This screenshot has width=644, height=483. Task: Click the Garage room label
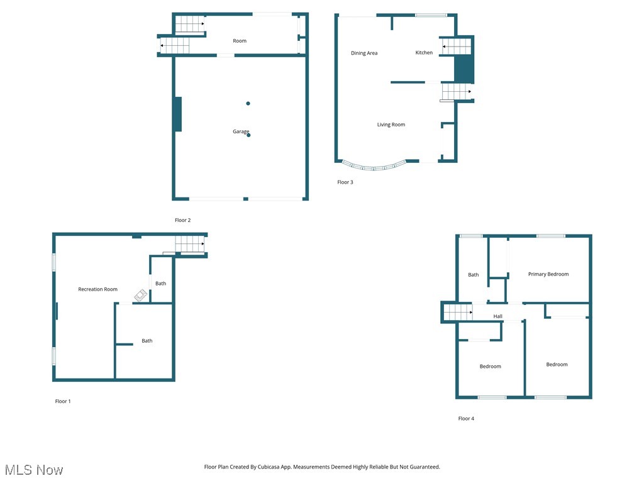241,131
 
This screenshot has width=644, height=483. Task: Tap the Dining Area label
364,53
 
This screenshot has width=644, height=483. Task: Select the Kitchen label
424,53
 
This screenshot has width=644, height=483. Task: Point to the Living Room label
391,125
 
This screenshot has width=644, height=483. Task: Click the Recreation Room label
97,289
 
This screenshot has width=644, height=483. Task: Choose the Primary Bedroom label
548,274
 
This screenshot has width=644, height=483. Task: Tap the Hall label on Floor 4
498,316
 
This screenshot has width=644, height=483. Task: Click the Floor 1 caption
63,401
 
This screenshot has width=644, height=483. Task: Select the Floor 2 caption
182,220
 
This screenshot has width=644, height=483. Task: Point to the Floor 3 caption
345,182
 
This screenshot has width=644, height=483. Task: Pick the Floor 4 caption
466,418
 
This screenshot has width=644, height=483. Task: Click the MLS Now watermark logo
34,470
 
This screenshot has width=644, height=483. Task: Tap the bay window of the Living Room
374,167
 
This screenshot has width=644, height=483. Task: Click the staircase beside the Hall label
458,311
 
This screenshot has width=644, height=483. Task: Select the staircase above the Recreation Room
190,243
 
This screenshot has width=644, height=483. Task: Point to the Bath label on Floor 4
474,275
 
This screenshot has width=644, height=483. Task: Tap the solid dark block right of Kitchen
464,69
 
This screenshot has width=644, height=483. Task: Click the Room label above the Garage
240,41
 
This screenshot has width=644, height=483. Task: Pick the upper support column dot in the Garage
248,103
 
